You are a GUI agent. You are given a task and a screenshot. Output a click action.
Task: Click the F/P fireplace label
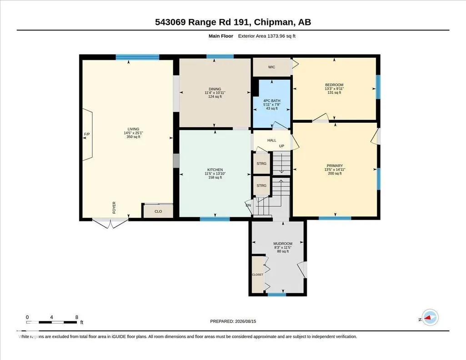[87, 134]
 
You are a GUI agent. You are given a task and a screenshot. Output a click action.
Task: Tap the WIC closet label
[271, 67]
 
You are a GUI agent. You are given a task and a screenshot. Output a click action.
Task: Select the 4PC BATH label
[271, 101]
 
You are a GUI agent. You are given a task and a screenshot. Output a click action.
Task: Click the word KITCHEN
[215, 170]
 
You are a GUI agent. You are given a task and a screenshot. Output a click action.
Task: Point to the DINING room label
[215, 89]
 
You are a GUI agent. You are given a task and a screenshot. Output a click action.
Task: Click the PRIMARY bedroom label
[335, 166]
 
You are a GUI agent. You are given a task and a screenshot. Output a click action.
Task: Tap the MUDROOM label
[283, 244]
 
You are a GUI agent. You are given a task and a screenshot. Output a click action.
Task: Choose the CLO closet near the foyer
[158, 211]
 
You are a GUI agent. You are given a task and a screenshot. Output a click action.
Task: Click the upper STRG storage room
[261, 164]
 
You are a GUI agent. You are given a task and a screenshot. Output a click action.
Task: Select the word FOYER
[114, 208]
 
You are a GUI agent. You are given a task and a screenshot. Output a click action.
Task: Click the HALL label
[271, 140]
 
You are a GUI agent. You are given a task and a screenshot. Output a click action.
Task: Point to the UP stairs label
[281, 146]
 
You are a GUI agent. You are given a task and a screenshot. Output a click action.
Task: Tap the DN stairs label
[248, 205]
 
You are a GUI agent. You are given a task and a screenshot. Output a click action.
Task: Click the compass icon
[430, 318]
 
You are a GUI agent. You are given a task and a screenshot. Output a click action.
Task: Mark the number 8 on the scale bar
[77, 317]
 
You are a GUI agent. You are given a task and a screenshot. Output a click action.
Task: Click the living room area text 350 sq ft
[134, 137]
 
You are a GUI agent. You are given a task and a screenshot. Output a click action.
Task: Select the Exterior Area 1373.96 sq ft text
[266, 36]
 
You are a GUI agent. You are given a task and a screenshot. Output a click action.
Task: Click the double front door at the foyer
[110, 223]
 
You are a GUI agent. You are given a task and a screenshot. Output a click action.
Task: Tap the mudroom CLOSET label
[257, 275]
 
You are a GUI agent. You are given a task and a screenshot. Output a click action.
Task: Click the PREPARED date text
[233, 321]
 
